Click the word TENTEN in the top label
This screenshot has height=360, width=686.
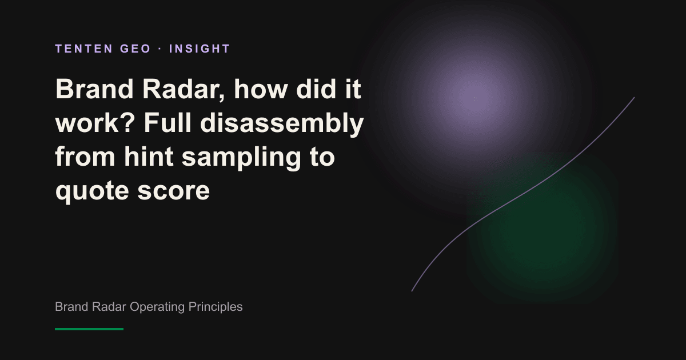pyautogui.click(x=84, y=49)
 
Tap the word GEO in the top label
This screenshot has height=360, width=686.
pyautogui.click(x=135, y=49)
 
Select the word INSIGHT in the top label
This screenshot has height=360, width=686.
pyautogui.click(x=200, y=49)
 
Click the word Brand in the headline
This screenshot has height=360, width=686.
pyautogui.click(x=94, y=89)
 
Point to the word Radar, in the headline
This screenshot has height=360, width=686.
pyautogui.click(x=184, y=90)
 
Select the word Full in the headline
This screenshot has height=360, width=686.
pyautogui.click(x=167, y=123)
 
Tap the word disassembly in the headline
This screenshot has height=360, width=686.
pyautogui.click(x=282, y=125)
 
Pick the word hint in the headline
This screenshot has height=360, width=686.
pyautogui.click(x=149, y=157)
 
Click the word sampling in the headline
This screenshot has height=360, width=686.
pyautogui.click(x=241, y=158)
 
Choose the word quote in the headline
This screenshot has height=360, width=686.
pyautogui.click(x=92, y=191)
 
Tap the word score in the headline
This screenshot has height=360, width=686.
pyautogui.click(x=174, y=191)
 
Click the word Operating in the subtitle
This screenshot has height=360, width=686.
pyautogui.click(x=157, y=307)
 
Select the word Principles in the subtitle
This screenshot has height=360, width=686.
pyautogui.click(x=216, y=307)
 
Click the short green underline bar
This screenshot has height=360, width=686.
pyautogui.click(x=89, y=329)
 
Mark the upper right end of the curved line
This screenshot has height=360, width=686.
pyautogui.click(x=634, y=97)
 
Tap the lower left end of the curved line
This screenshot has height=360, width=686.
pyautogui.click(x=412, y=291)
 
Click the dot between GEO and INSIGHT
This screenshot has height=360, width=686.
pyautogui.click(x=160, y=49)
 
